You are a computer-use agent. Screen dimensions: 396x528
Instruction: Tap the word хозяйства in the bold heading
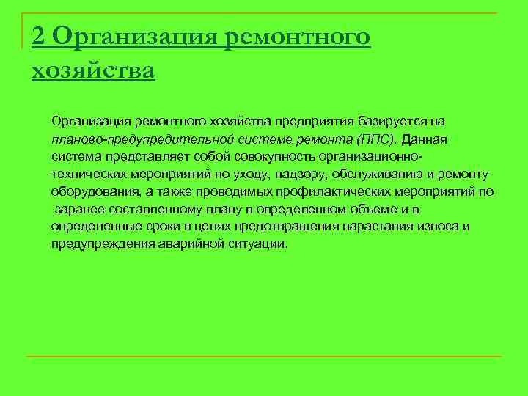[x=93, y=71]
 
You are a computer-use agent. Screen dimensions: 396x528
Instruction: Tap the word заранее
[x=78, y=209]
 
